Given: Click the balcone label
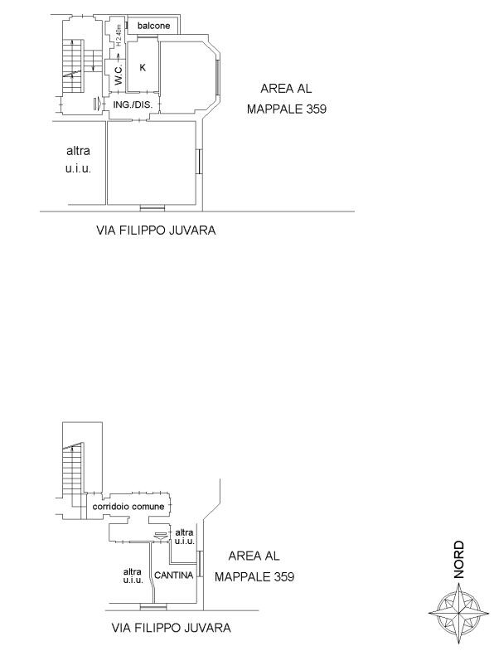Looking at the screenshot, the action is pyautogui.click(x=153, y=26).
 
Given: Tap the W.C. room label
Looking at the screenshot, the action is pyautogui.click(x=119, y=75).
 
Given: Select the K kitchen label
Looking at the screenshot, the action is pyautogui.click(x=143, y=67).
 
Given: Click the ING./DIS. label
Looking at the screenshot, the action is pyautogui.click(x=133, y=105).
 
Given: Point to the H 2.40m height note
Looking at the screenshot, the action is pyautogui.click(x=119, y=35).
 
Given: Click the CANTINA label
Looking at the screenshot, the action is pyautogui.click(x=174, y=575).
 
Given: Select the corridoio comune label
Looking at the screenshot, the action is pyautogui.click(x=128, y=507).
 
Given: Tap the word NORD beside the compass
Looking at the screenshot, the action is pyautogui.click(x=458, y=559).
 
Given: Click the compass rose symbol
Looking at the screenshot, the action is pyautogui.click(x=458, y=612).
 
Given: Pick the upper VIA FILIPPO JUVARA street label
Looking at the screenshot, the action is pyautogui.click(x=156, y=231).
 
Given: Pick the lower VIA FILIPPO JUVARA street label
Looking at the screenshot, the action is pyautogui.click(x=171, y=627).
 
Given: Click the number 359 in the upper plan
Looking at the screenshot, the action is pyautogui.click(x=317, y=109).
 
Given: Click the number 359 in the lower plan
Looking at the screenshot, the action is pyautogui.click(x=284, y=576).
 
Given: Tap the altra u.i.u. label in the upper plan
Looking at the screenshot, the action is pyautogui.click(x=78, y=160).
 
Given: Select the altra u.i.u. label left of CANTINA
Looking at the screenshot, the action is pyautogui.click(x=133, y=576).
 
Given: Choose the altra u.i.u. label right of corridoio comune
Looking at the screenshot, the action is pyautogui.click(x=184, y=537).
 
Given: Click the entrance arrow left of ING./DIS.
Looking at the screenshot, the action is pyautogui.click(x=97, y=103).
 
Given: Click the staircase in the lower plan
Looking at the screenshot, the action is pyautogui.click(x=73, y=471).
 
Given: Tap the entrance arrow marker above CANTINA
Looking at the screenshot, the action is pyautogui.click(x=161, y=536).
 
